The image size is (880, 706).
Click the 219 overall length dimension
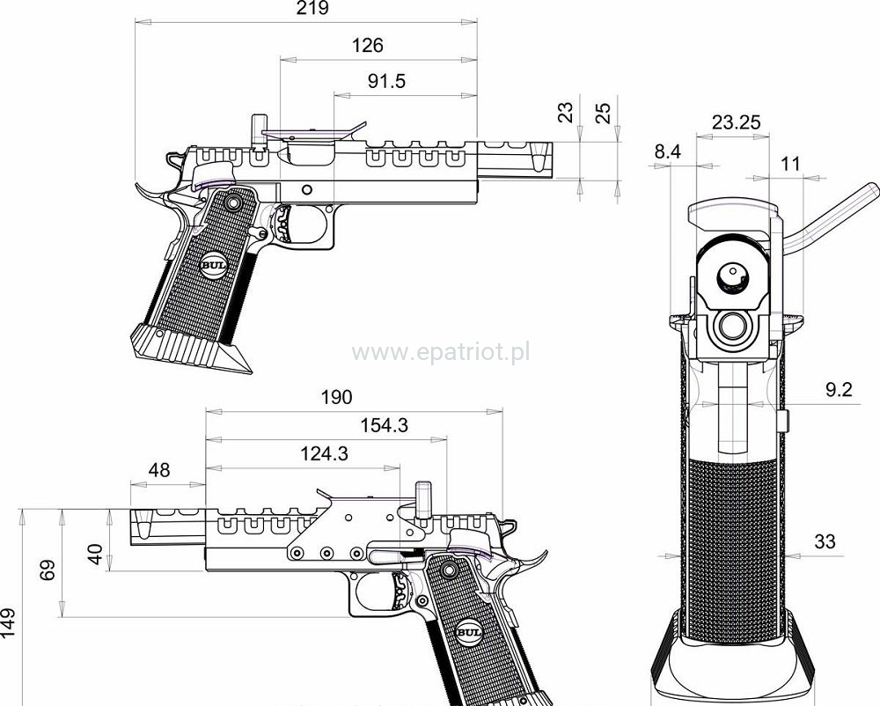tap(312, 9)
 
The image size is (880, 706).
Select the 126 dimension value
tap(368, 46)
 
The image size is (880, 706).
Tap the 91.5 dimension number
tap(386, 82)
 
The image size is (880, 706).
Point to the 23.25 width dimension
tap(737, 122)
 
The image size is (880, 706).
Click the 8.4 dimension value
tap(668, 152)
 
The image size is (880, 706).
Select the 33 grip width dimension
tap(825, 541)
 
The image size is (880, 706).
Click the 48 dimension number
tap(158, 470)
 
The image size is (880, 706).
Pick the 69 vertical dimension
tap(50, 571)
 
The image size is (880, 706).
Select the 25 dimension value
tap(603, 112)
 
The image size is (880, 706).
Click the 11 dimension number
tap(790, 163)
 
